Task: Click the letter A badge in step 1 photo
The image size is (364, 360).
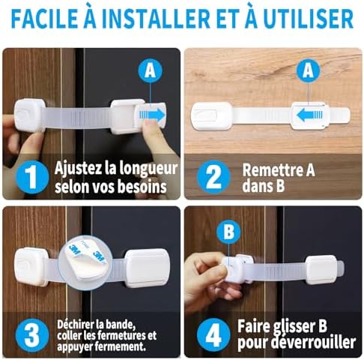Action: [x=150, y=70]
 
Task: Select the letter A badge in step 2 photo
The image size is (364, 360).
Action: [x=306, y=71]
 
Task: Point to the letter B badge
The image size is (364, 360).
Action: [x=227, y=232]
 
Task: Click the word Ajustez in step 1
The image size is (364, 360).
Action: [x=75, y=166]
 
